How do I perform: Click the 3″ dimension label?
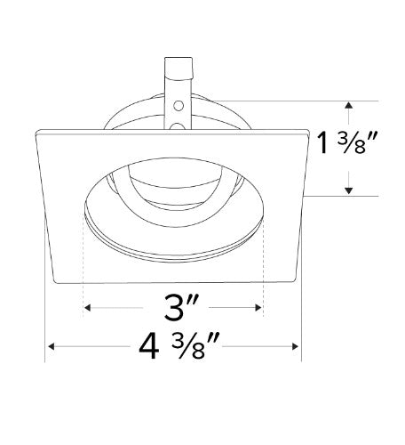tap(174, 309)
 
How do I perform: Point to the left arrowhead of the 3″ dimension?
tap(86, 309)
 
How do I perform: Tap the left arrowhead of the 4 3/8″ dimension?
tap(49, 346)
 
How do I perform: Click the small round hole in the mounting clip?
tap(178, 106)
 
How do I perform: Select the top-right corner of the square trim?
tap(309, 133)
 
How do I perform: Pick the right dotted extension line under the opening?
tap(265, 267)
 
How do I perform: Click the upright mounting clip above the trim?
tap(178, 85)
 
